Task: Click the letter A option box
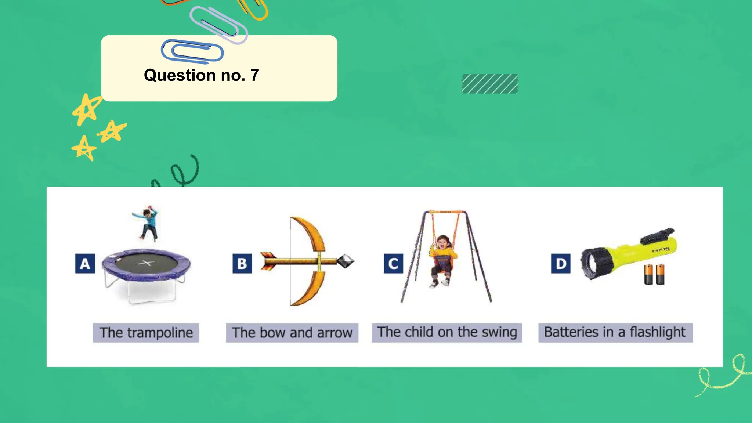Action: (x=85, y=263)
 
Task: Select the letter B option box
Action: (x=242, y=263)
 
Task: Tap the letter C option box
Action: (x=393, y=263)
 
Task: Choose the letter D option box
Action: (x=561, y=263)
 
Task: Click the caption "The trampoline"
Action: (x=146, y=333)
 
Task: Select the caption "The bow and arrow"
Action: (x=292, y=333)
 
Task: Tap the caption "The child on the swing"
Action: (x=446, y=332)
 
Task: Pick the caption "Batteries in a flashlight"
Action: (x=615, y=332)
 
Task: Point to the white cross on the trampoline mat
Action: (x=146, y=263)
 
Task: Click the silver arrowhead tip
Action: (x=345, y=261)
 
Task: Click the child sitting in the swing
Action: (x=442, y=259)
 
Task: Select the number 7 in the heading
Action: (x=254, y=75)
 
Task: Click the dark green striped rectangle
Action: (x=490, y=84)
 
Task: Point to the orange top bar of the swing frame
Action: (x=445, y=212)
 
